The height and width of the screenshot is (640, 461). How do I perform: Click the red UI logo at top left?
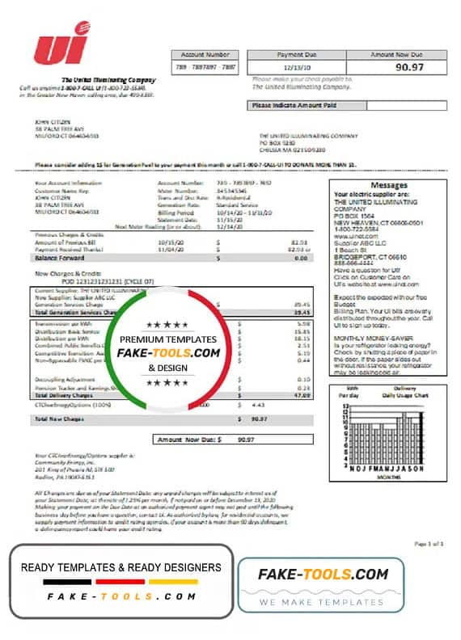point(61,44)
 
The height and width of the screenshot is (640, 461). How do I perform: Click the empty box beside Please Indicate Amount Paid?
point(407,105)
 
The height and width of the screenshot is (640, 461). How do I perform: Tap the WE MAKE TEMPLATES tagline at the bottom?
point(328,603)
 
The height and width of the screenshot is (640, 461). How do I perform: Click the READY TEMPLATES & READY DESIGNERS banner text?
point(121,566)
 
